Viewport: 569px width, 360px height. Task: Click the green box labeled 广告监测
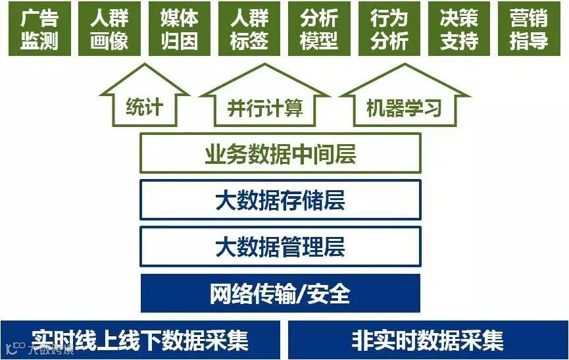tap(39, 30)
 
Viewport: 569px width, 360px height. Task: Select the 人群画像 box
tap(109, 30)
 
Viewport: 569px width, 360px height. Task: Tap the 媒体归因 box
tap(179, 30)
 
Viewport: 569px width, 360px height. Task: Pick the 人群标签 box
tap(249, 30)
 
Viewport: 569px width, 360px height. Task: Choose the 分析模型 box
tap(319, 30)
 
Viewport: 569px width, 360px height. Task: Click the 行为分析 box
tap(389, 30)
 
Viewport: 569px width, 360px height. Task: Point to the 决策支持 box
tap(459, 30)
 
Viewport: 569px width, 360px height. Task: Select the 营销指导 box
tap(529, 30)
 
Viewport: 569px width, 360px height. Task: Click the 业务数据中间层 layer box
tap(280, 154)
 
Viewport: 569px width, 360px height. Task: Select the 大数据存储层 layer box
tap(280, 200)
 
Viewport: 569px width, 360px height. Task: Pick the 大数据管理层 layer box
tap(280, 247)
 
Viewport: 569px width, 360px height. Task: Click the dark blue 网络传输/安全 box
tap(280, 293)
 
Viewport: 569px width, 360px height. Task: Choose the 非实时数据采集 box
tap(428, 340)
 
